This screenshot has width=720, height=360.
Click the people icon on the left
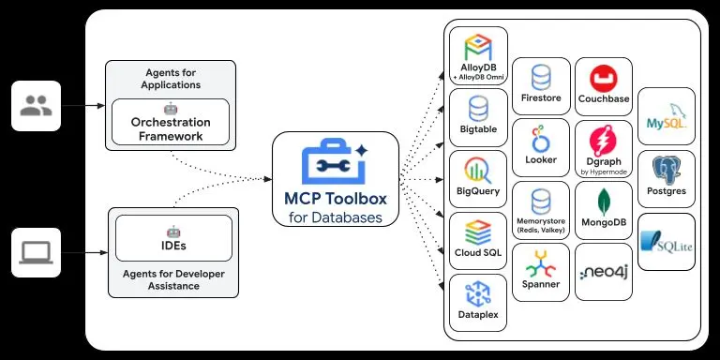36,106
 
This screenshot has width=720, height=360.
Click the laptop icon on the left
36,252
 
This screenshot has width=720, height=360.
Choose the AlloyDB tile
478,55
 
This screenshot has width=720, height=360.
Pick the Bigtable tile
478,117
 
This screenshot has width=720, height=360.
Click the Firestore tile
541,85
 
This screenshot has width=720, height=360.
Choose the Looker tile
541,147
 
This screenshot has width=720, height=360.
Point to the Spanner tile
541,271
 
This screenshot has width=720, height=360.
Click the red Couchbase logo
603,75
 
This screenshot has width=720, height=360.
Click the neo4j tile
603,272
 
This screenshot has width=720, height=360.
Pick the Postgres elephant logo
667,169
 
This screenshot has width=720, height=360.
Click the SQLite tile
667,241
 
